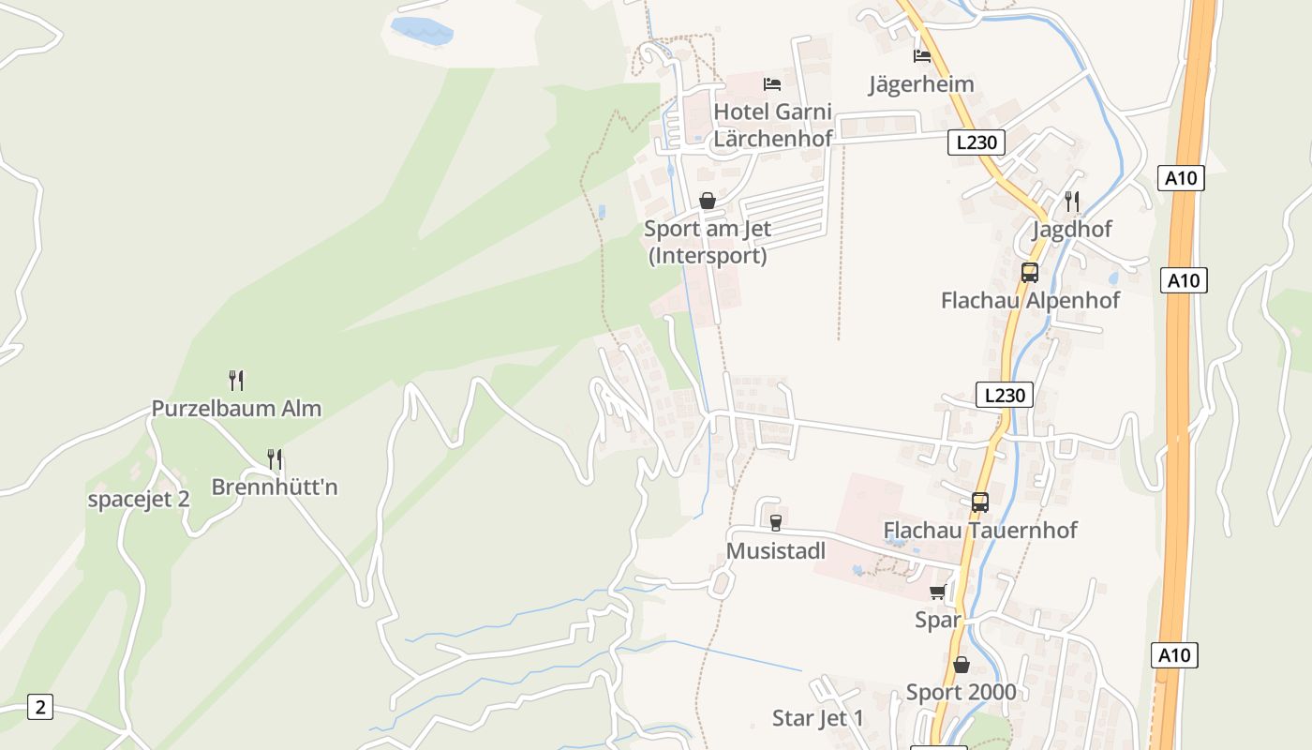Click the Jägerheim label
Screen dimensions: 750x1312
click(x=921, y=84)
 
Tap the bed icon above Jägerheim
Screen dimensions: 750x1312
click(x=922, y=56)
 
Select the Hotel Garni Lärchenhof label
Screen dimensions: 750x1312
click(x=773, y=125)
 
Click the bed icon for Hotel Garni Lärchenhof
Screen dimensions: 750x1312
click(x=772, y=84)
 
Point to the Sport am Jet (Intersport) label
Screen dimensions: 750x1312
click(x=708, y=242)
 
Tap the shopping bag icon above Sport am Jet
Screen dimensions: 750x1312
click(x=708, y=202)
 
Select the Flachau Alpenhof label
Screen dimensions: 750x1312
click(x=1030, y=301)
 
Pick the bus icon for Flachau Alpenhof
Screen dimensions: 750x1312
click(x=1030, y=273)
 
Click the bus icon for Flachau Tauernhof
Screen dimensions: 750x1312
click(x=980, y=502)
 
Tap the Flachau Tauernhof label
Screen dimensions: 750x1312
click(x=980, y=531)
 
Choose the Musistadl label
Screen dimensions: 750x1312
click(x=776, y=551)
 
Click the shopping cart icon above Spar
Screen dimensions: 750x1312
click(x=938, y=592)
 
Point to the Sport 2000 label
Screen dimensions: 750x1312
click(x=961, y=693)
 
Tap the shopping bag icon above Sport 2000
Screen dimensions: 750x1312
click(x=962, y=665)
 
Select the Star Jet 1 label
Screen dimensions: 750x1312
click(x=818, y=719)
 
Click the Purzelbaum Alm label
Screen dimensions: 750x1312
click(x=236, y=409)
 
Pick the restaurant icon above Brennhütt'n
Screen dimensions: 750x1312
click(x=275, y=459)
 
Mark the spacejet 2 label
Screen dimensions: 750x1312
click(x=139, y=500)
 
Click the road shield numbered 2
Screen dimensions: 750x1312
click(x=39, y=707)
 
